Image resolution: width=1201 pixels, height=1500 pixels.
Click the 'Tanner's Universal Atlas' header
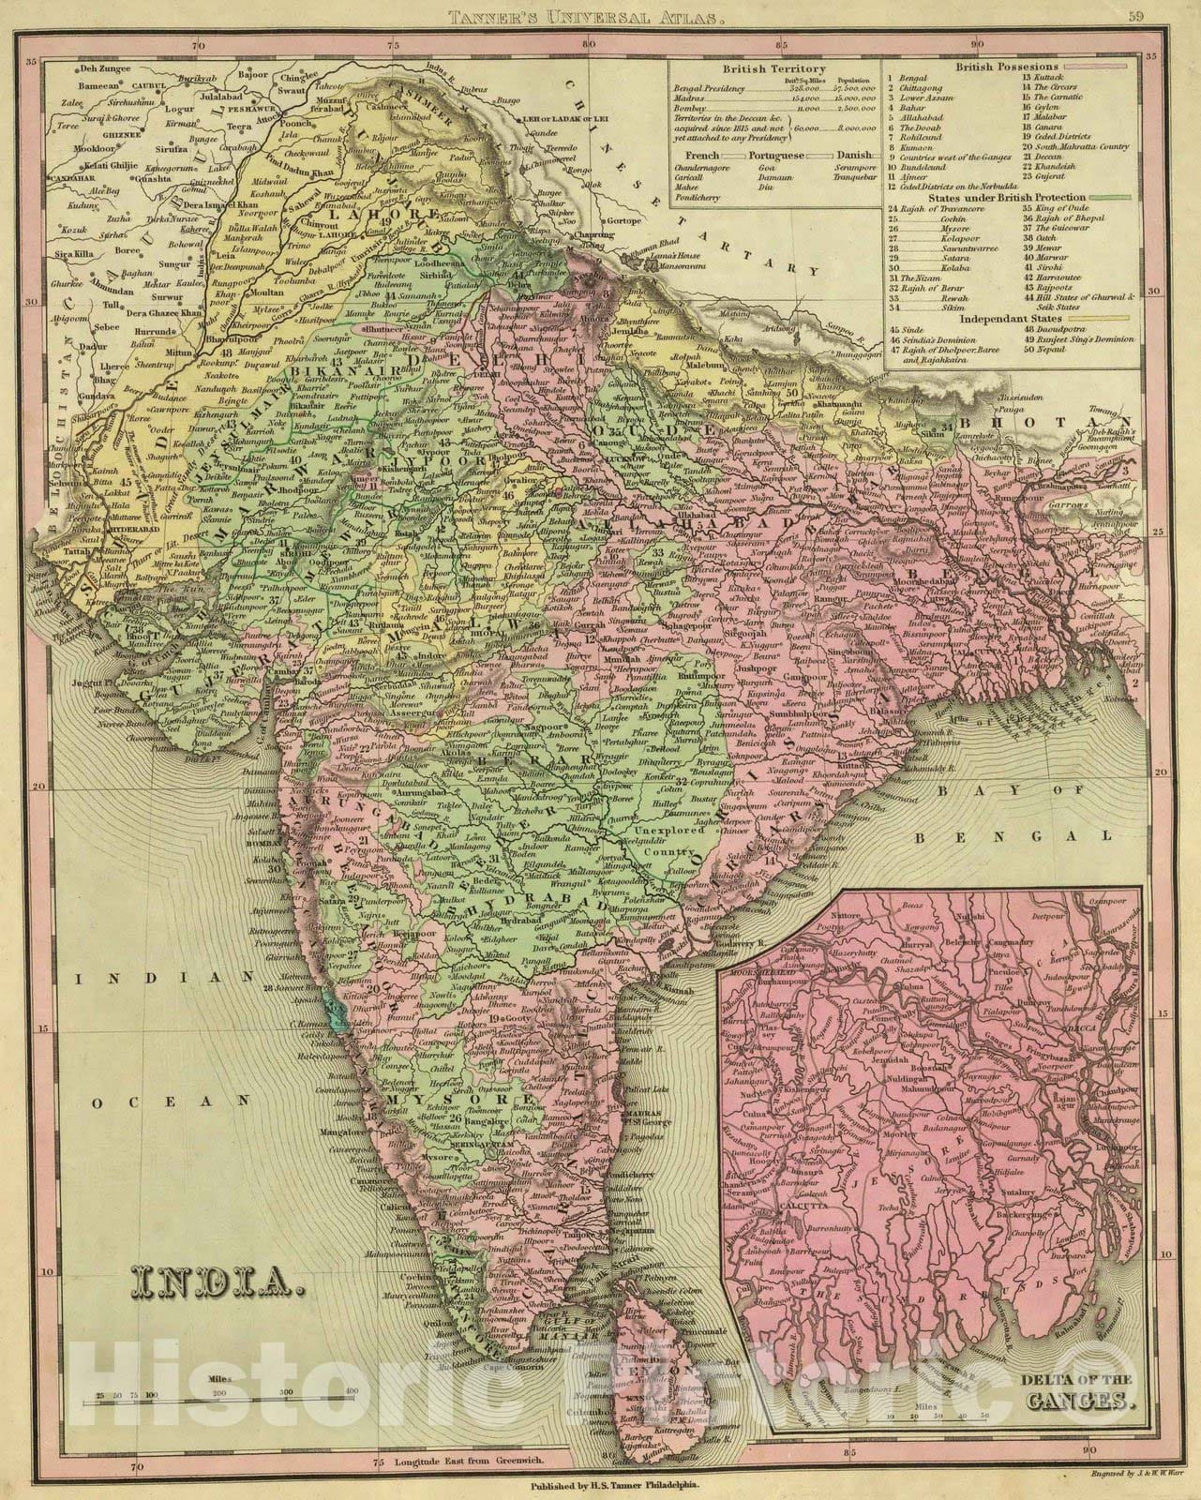(x=600, y=16)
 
